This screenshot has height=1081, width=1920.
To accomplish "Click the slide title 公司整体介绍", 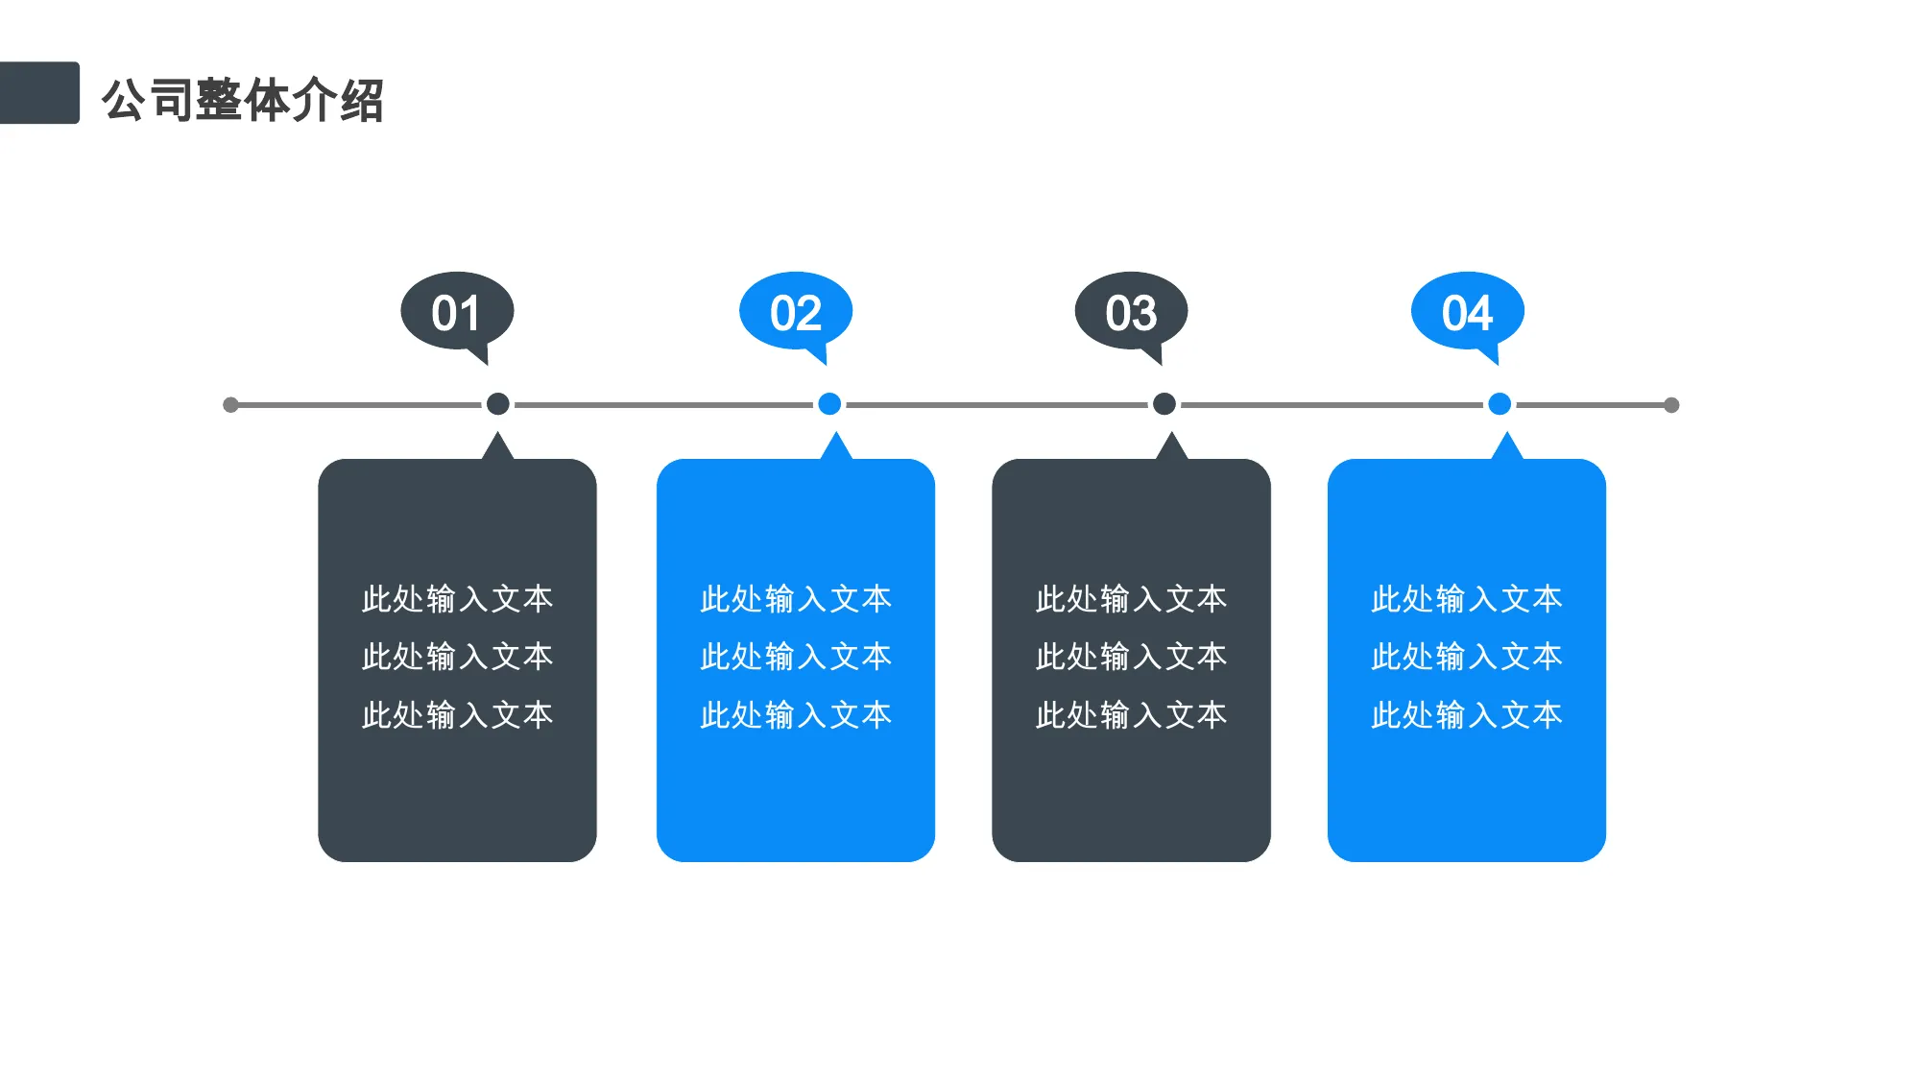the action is point(243,100).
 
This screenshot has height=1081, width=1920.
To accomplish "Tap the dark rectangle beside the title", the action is point(39,93).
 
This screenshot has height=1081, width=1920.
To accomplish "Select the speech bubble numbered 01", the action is point(457,314).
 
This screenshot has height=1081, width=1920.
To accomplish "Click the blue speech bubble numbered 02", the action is point(796,314).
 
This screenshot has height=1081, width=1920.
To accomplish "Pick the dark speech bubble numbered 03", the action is point(1132,314).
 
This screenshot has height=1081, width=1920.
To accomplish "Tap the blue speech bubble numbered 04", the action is point(1468,314).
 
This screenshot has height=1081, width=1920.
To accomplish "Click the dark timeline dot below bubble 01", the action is point(497,404).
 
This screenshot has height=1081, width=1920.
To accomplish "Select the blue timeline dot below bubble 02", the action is point(829,404).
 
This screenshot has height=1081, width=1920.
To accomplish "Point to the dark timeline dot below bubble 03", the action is point(1164,404).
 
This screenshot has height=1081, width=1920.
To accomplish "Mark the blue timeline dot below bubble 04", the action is point(1500,404).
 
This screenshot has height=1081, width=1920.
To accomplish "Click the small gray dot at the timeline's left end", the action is point(230,405).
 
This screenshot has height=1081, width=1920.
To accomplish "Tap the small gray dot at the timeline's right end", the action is point(1671,405).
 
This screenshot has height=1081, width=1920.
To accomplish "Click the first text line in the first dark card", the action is point(457,599).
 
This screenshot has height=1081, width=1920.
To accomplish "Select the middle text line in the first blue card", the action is point(796,657).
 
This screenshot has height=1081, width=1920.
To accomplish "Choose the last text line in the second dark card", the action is point(1132,715).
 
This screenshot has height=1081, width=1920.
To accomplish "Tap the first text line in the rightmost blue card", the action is point(1467,599).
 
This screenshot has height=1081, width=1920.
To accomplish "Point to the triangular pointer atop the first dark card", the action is point(497,448).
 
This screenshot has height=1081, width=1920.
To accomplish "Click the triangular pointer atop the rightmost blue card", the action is point(1507,448).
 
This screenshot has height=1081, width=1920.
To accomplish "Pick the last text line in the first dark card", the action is point(457,715).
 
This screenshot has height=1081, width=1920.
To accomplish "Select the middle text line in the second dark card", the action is point(1132,657).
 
